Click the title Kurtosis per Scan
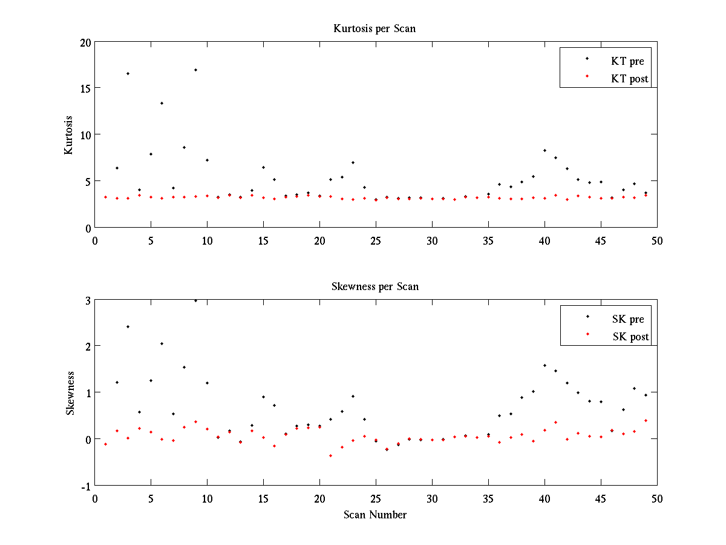pyautogui.click(x=374, y=28)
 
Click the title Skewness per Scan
pyautogui.click(x=374, y=286)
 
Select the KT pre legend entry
pyautogui.click(x=627, y=61)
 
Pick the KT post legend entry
pyautogui.click(x=630, y=78)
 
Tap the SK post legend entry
pyautogui.click(x=630, y=337)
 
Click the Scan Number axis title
pyautogui.click(x=375, y=515)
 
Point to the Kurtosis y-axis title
pyautogui.click(x=69, y=134)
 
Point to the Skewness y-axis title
pyautogui.click(x=70, y=393)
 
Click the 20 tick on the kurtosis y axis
pyautogui.click(x=84, y=42)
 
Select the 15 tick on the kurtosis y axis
pyautogui.click(x=84, y=88)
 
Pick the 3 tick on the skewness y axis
pyautogui.click(x=88, y=300)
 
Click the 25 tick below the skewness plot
pyautogui.click(x=376, y=498)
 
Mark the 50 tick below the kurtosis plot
pyautogui.click(x=657, y=240)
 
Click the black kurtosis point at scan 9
pyautogui.click(x=195, y=70)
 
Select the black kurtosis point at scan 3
pyautogui.click(x=128, y=73)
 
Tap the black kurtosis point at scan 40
pyautogui.click(x=544, y=150)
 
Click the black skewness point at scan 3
pyautogui.click(x=128, y=326)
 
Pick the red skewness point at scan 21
pyautogui.click(x=330, y=455)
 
